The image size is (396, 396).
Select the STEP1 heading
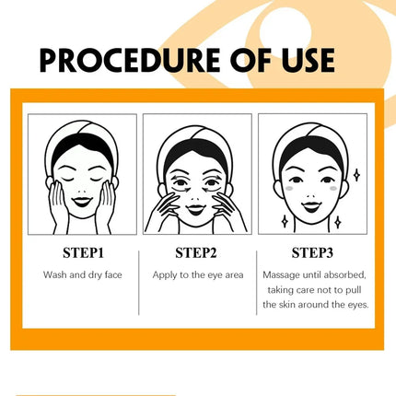tap(83, 253)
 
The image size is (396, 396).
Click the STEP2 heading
tap(196, 253)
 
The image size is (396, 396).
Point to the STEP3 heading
tap(312, 253)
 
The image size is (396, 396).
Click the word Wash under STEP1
tap(55, 274)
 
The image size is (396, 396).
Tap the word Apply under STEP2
tap(165, 275)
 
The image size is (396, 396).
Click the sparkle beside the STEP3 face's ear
tap(356, 175)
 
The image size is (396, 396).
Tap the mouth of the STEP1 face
tap(82, 202)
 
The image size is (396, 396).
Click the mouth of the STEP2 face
tap(196, 210)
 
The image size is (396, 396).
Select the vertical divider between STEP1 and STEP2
tap(139, 283)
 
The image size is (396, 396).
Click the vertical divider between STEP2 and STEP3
tap(257, 283)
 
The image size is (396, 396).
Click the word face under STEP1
tap(113, 274)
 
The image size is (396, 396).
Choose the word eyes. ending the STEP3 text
tap(358, 305)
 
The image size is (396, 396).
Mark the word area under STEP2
tap(234, 275)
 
